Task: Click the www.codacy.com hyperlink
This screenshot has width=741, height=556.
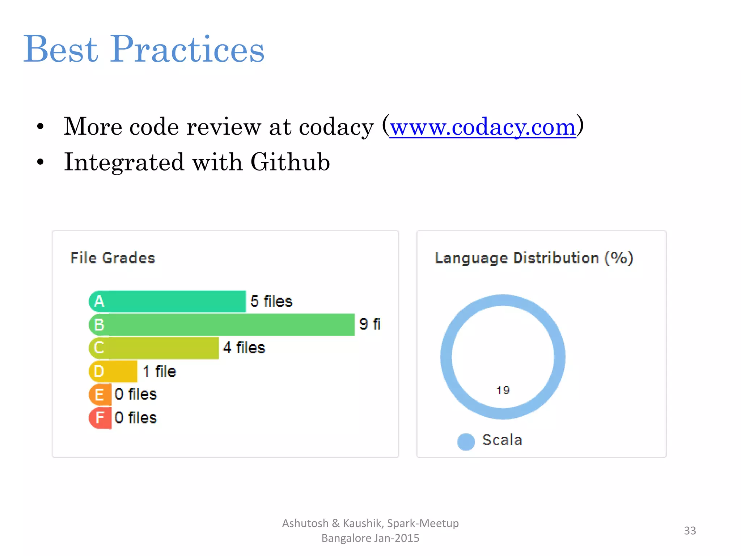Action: [x=483, y=127]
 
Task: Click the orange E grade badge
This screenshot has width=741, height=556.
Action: [x=100, y=395]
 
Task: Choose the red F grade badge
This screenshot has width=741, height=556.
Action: [x=100, y=418]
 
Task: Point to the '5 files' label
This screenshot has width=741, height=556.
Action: [x=271, y=301]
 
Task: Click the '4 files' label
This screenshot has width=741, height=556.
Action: [x=244, y=348]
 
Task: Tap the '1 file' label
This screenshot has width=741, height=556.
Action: [x=159, y=371]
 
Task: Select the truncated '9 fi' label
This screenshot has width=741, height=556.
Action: [x=370, y=324]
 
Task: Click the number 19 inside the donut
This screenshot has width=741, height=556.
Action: [x=503, y=390]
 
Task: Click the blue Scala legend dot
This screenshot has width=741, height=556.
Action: [x=466, y=442]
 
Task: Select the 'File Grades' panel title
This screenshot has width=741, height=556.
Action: [x=113, y=258]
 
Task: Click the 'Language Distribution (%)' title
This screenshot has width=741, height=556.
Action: [x=534, y=258]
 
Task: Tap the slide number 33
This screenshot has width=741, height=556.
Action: [x=690, y=531]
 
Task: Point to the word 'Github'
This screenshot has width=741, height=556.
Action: [x=290, y=162]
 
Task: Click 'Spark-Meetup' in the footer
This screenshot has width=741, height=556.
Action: [x=423, y=523]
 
